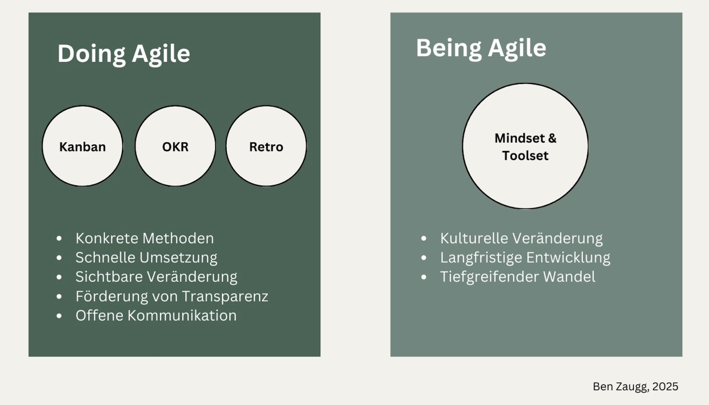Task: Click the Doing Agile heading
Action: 124,54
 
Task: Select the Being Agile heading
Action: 481,48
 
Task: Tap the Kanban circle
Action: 83,146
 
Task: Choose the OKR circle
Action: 175,146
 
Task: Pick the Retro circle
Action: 266,146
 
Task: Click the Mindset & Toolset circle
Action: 525,146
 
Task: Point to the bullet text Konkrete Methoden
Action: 145,238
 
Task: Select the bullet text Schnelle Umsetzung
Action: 146,257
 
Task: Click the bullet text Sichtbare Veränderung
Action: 156,277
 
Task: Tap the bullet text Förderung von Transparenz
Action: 172,296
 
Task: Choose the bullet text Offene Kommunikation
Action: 156,315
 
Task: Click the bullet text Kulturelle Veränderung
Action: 521,238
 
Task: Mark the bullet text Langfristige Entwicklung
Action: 525,258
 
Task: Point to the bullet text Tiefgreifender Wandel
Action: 518,277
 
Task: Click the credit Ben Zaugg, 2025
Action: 635,386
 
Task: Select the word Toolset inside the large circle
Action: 525,155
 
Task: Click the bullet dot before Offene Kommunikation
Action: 59,316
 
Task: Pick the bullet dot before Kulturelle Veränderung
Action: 424,238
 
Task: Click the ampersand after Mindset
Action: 552,138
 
